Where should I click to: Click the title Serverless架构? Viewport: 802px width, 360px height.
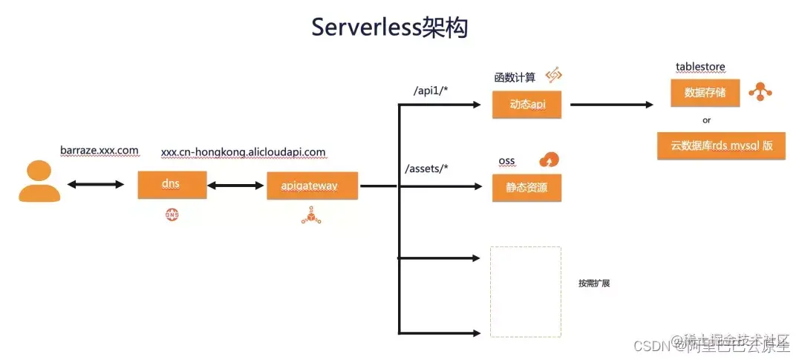click(389, 27)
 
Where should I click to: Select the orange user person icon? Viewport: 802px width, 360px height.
click(39, 183)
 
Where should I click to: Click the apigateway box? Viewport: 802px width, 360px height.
click(312, 186)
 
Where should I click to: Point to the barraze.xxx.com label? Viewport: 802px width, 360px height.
click(100, 151)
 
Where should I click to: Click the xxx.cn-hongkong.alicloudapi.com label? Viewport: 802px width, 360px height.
click(243, 152)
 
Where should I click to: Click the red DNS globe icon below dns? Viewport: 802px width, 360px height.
click(172, 215)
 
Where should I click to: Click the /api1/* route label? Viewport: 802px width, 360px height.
click(431, 91)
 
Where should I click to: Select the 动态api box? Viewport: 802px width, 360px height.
click(526, 105)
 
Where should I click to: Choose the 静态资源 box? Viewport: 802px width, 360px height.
click(526, 188)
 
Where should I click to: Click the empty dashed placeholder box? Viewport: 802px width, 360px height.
click(525, 292)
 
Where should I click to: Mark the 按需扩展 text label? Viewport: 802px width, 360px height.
click(593, 284)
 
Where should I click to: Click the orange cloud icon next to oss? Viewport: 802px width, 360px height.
click(550, 160)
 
